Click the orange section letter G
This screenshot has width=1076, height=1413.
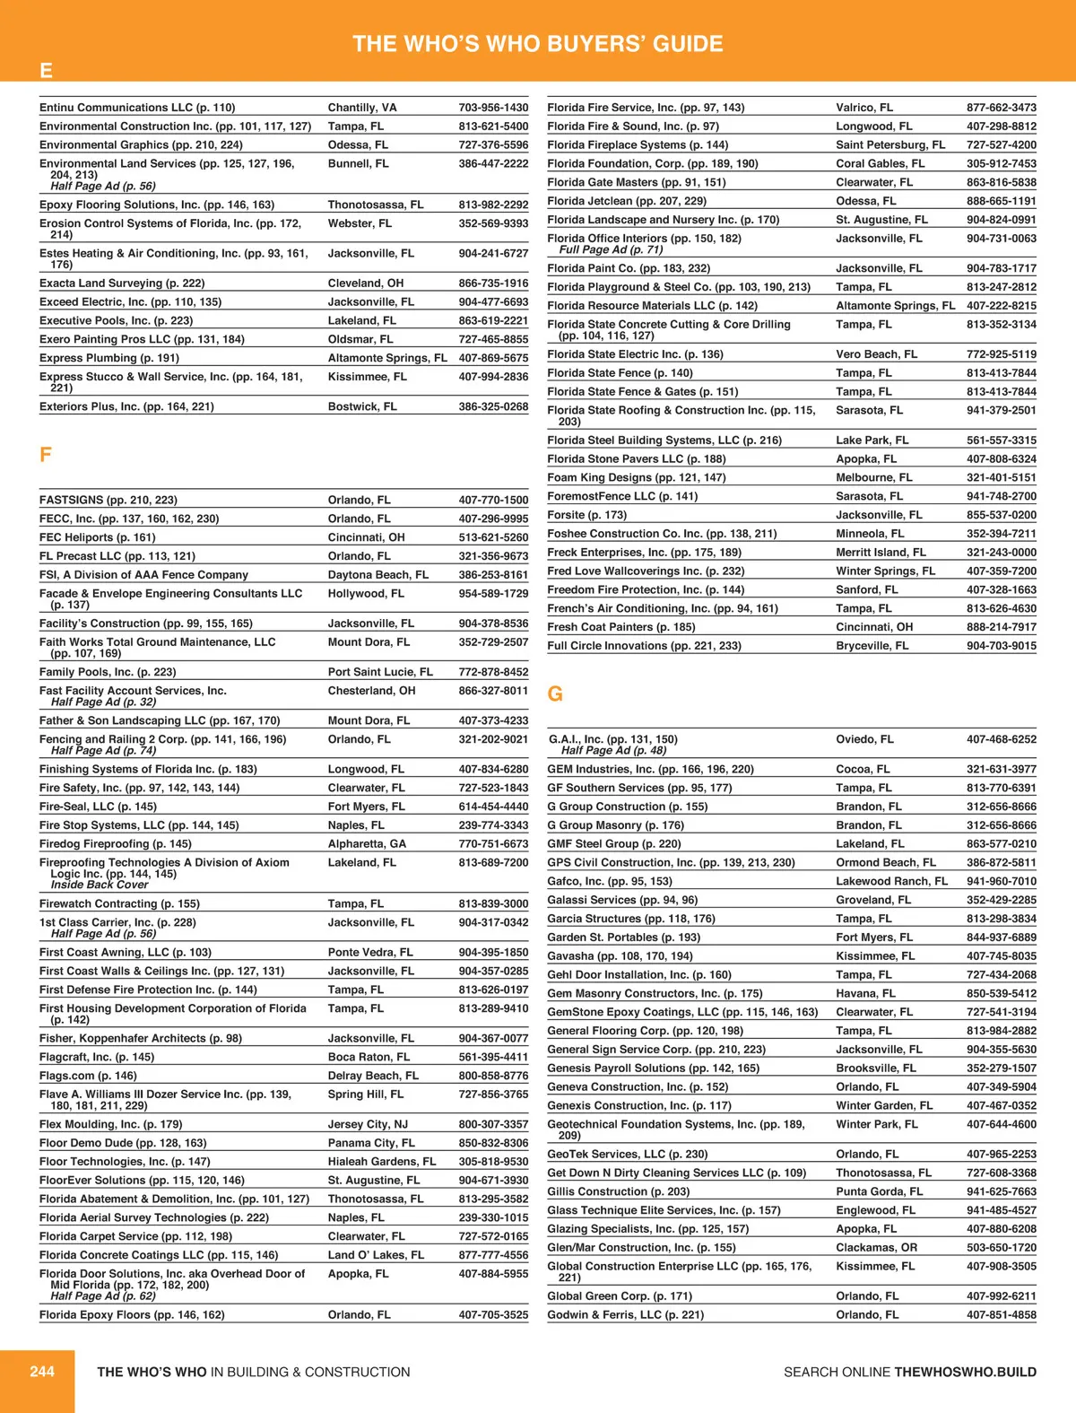(555, 694)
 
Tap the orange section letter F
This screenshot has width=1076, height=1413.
(46, 455)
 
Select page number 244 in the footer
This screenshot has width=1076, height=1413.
(42, 1371)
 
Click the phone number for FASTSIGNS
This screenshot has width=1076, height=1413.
(493, 500)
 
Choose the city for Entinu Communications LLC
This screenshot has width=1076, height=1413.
(362, 108)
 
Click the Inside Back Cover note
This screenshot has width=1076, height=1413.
(100, 885)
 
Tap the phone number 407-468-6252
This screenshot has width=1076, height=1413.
(1001, 739)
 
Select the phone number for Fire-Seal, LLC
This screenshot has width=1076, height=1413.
(493, 807)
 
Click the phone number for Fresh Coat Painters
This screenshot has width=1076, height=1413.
(1001, 627)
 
